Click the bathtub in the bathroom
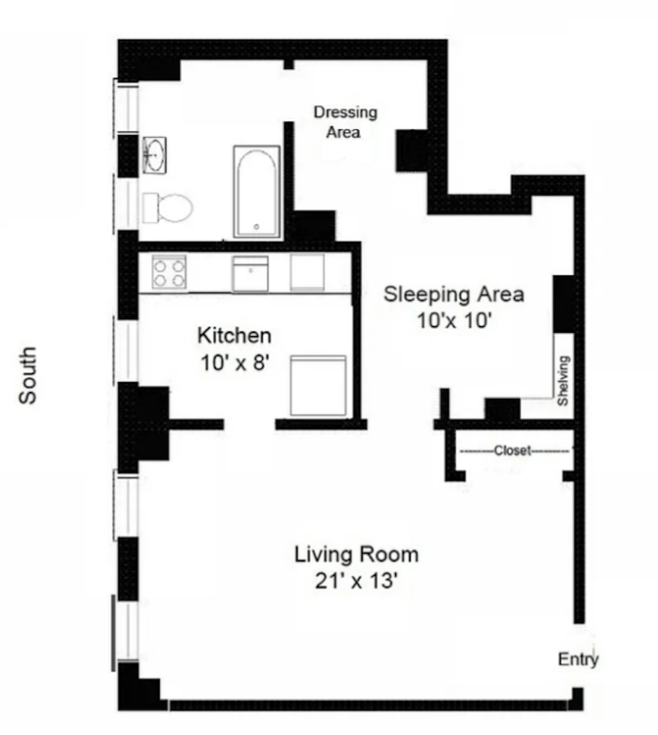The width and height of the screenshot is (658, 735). pyautogui.click(x=256, y=192)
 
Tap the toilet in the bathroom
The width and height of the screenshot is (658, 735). pyautogui.click(x=168, y=208)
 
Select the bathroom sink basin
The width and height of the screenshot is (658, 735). pyautogui.click(x=155, y=155)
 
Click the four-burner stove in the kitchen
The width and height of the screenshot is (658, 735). pyautogui.click(x=170, y=272)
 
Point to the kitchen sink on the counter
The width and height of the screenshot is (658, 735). pyautogui.click(x=250, y=274)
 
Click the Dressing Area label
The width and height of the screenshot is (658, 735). pyautogui.click(x=345, y=123)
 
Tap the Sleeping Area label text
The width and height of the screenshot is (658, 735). pyautogui.click(x=454, y=294)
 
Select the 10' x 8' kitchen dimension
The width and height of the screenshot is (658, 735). pyautogui.click(x=235, y=363)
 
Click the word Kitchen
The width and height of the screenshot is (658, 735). pyautogui.click(x=234, y=336)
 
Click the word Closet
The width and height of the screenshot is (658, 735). pyautogui.click(x=512, y=451)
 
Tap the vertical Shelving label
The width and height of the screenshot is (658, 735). pyautogui.click(x=563, y=381)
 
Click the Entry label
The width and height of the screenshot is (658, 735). pyautogui.click(x=578, y=660)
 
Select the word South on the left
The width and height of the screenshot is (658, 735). pyautogui.click(x=28, y=375)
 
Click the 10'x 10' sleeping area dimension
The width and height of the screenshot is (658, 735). pyautogui.click(x=454, y=321)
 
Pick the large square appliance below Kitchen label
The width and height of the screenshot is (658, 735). pyautogui.click(x=318, y=386)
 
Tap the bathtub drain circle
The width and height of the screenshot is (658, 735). pyautogui.click(x=256, y=227)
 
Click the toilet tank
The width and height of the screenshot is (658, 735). pyautogui.click(x=151, y=208)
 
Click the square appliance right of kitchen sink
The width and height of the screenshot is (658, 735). pyautogui.click(x=307, y=272)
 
